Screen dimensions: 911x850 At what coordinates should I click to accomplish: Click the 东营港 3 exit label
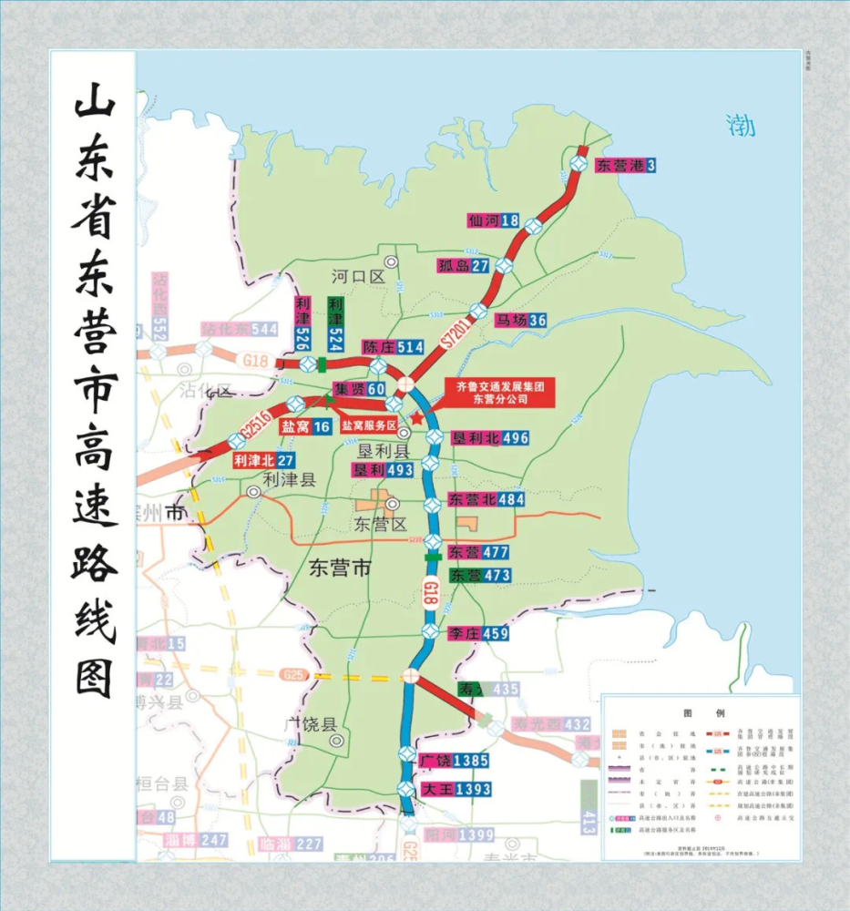[x=626, y=166]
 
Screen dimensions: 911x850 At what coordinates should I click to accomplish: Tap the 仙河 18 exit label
[x=493, y=220]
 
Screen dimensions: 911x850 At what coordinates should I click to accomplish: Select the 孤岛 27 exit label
[x=464, y=266]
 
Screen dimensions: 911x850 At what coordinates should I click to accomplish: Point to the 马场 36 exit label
[x=520, y=320]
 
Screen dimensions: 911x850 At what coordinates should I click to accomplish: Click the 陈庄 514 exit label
[x=393, y=347]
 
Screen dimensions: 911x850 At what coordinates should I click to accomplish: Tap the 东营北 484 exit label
[x=486, y=500]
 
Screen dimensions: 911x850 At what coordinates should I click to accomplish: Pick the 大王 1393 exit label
[x=456, y=789]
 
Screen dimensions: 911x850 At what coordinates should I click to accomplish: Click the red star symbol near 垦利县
[x=417, y=418]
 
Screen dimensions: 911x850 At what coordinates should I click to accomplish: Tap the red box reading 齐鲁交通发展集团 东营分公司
[x=497, y=393]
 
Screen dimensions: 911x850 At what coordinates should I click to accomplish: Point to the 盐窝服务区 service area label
[x=369, y=425]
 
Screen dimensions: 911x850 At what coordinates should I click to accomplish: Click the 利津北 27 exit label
[x=262, y=460]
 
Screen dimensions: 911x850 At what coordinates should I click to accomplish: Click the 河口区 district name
[x=359, y=277]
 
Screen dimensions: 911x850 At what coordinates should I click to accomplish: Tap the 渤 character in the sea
[x=741, y=125]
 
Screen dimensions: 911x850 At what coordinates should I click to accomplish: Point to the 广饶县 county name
[x=311, y=725]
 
